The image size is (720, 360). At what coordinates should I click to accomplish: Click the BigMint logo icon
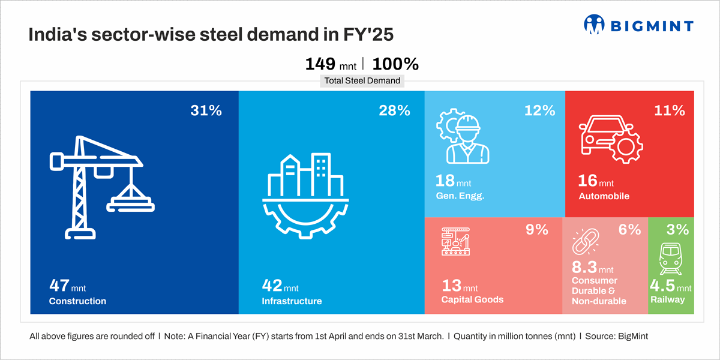point(595,24)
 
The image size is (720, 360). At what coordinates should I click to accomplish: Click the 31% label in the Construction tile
point(206,110)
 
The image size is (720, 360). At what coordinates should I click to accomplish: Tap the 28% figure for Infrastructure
point(394,110)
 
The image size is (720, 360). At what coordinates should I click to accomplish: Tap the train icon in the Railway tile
point(670,258)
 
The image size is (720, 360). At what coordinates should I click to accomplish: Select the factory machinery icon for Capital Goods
point(457,242)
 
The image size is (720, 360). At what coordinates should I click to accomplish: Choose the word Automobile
point(604,196)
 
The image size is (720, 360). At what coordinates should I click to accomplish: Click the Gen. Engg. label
point(459,196)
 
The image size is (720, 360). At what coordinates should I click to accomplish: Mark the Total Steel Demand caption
point(362,80)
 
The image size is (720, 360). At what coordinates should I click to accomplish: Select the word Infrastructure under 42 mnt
point(292,301)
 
